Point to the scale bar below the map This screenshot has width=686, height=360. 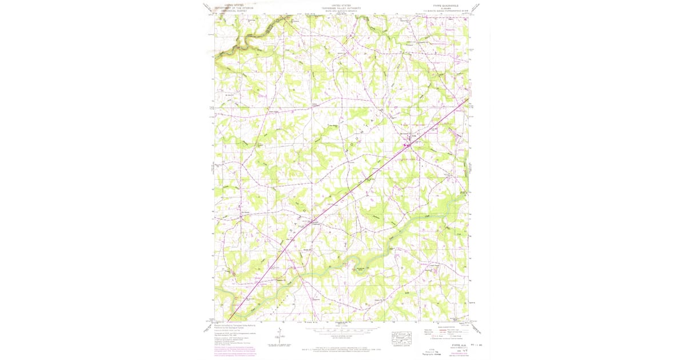coord(341,330)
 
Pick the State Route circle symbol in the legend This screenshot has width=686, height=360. coord(456,338)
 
